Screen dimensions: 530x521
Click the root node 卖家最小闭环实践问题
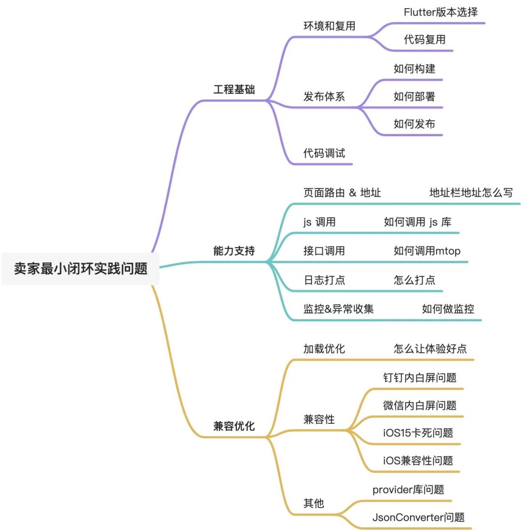[81, 268]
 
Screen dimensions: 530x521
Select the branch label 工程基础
[234, 90]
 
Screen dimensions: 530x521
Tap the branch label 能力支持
[234, 251]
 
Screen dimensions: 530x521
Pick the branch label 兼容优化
[234, 427]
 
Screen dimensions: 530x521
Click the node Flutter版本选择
[441, 13]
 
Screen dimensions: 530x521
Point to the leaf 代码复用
[425, 40]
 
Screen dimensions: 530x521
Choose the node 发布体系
[324, 96]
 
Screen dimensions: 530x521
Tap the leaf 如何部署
[414, 96]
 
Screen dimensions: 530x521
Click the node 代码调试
[324, 154]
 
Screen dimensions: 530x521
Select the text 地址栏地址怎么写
[471, 193]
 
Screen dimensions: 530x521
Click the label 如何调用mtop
[427, 251]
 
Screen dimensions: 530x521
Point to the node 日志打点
[324, 280]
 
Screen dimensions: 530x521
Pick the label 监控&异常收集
[339, 309]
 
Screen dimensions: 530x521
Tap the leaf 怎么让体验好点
[430, 349]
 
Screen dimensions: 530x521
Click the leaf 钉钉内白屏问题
[420, 378]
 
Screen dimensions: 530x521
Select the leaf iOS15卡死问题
[418, 433]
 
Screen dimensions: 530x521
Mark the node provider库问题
[408, 489]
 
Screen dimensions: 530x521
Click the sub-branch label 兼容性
[319, 419]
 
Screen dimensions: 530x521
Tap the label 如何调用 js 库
[418, 222]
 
